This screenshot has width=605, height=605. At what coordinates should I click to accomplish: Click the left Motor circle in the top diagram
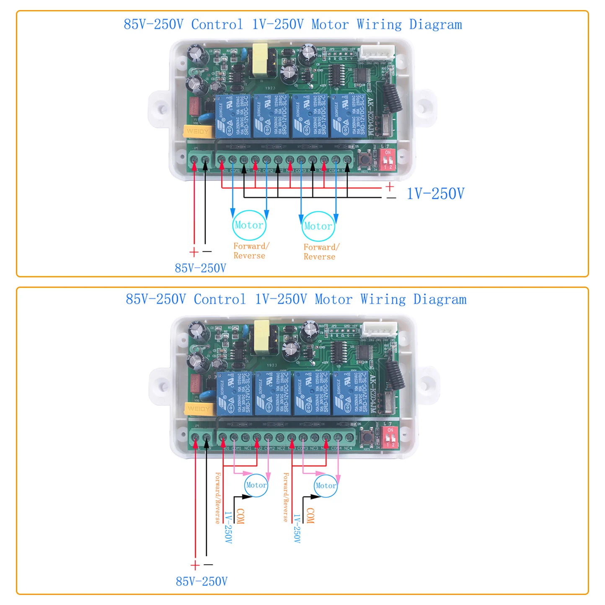pyautogui.click(x=249, y=225)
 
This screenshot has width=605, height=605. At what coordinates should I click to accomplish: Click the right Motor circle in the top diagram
pyautogui.click(x=318, y=226)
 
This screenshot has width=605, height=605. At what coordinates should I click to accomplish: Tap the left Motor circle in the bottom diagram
pyautogui.click(x=256, y=485)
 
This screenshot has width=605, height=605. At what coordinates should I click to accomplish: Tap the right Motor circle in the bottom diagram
pyautogui.click(x=326, y=486)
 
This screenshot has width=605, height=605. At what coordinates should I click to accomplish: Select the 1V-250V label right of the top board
pyautogui.click(x=435, y=194)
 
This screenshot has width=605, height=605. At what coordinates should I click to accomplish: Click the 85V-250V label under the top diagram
pyautogui.click(x=200, y=268)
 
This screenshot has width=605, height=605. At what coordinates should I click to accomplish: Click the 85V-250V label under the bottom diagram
pyautogui.click(x=202, y=582)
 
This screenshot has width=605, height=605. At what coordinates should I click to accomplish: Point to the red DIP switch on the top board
pyautogui.click(x=388, y=159)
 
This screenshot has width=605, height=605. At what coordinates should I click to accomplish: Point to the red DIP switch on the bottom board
pyautogui.click(x=390, y=437)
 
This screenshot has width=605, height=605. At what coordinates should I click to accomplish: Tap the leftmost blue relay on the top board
pyautogui.click(x=233, y=116)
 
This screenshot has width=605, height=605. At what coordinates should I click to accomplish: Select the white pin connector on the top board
pyautogui.click(x=377, y=52)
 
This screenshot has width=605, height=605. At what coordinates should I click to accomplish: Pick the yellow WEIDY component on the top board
pyautogui.click(x=196, y=131)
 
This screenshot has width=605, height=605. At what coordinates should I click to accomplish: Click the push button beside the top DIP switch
pyautogui.click(x=365, y=159)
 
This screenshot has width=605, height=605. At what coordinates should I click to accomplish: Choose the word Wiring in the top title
pyautogui.click(x=379, y=24)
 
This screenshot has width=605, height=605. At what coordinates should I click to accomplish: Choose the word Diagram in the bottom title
pyautogui.click(x=440, y=299)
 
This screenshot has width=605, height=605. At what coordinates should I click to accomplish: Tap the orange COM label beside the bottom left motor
pyautogui.click(x=240, y=516)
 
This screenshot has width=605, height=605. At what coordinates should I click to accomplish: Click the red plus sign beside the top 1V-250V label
pyautogui.click(x=390, y=186)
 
